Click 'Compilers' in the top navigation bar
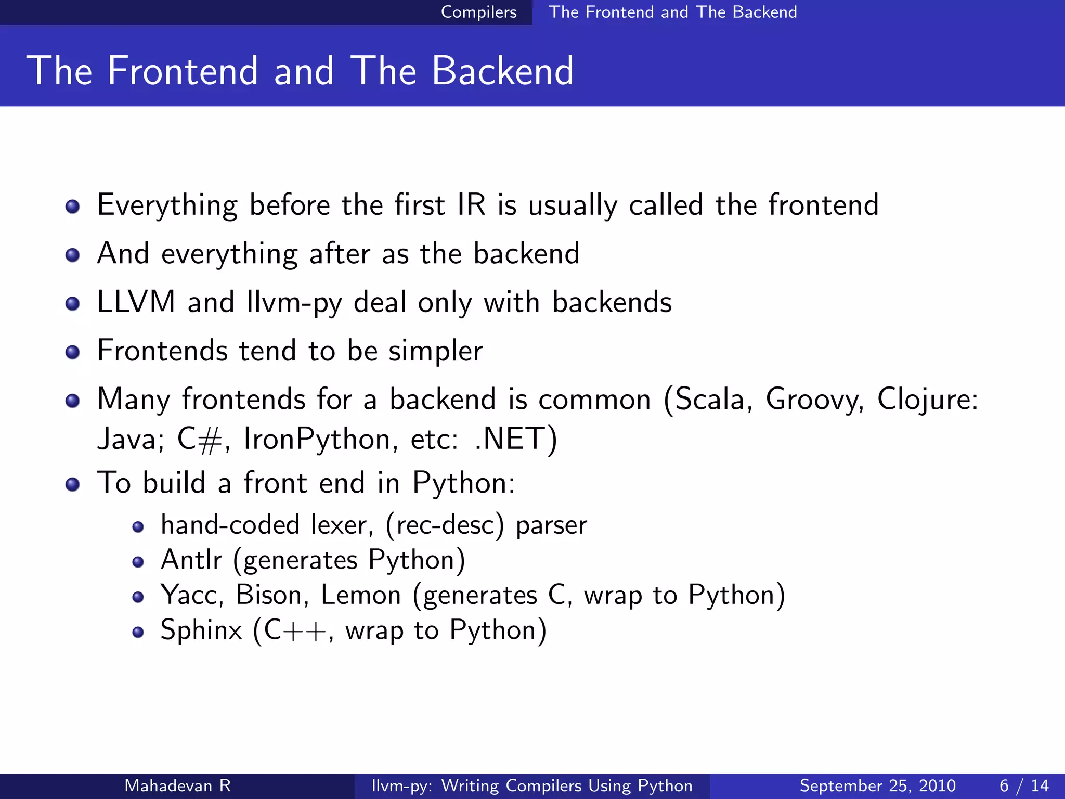[478, 12]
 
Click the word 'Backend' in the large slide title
[502, 71]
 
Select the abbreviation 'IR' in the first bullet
[471, 204]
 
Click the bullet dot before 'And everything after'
[73, 255]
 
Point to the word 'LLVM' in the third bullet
[136, 302]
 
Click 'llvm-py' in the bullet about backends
[294, 303]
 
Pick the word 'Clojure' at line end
[923, 399]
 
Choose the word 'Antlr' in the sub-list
[191, 560]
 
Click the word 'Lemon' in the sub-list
[361, 595]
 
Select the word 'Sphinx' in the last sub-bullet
[201, 630]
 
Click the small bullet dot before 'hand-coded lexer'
[138, 527]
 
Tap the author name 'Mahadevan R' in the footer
[177, 785]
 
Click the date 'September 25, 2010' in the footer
[877, 785]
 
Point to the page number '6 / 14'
[1024, 785]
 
